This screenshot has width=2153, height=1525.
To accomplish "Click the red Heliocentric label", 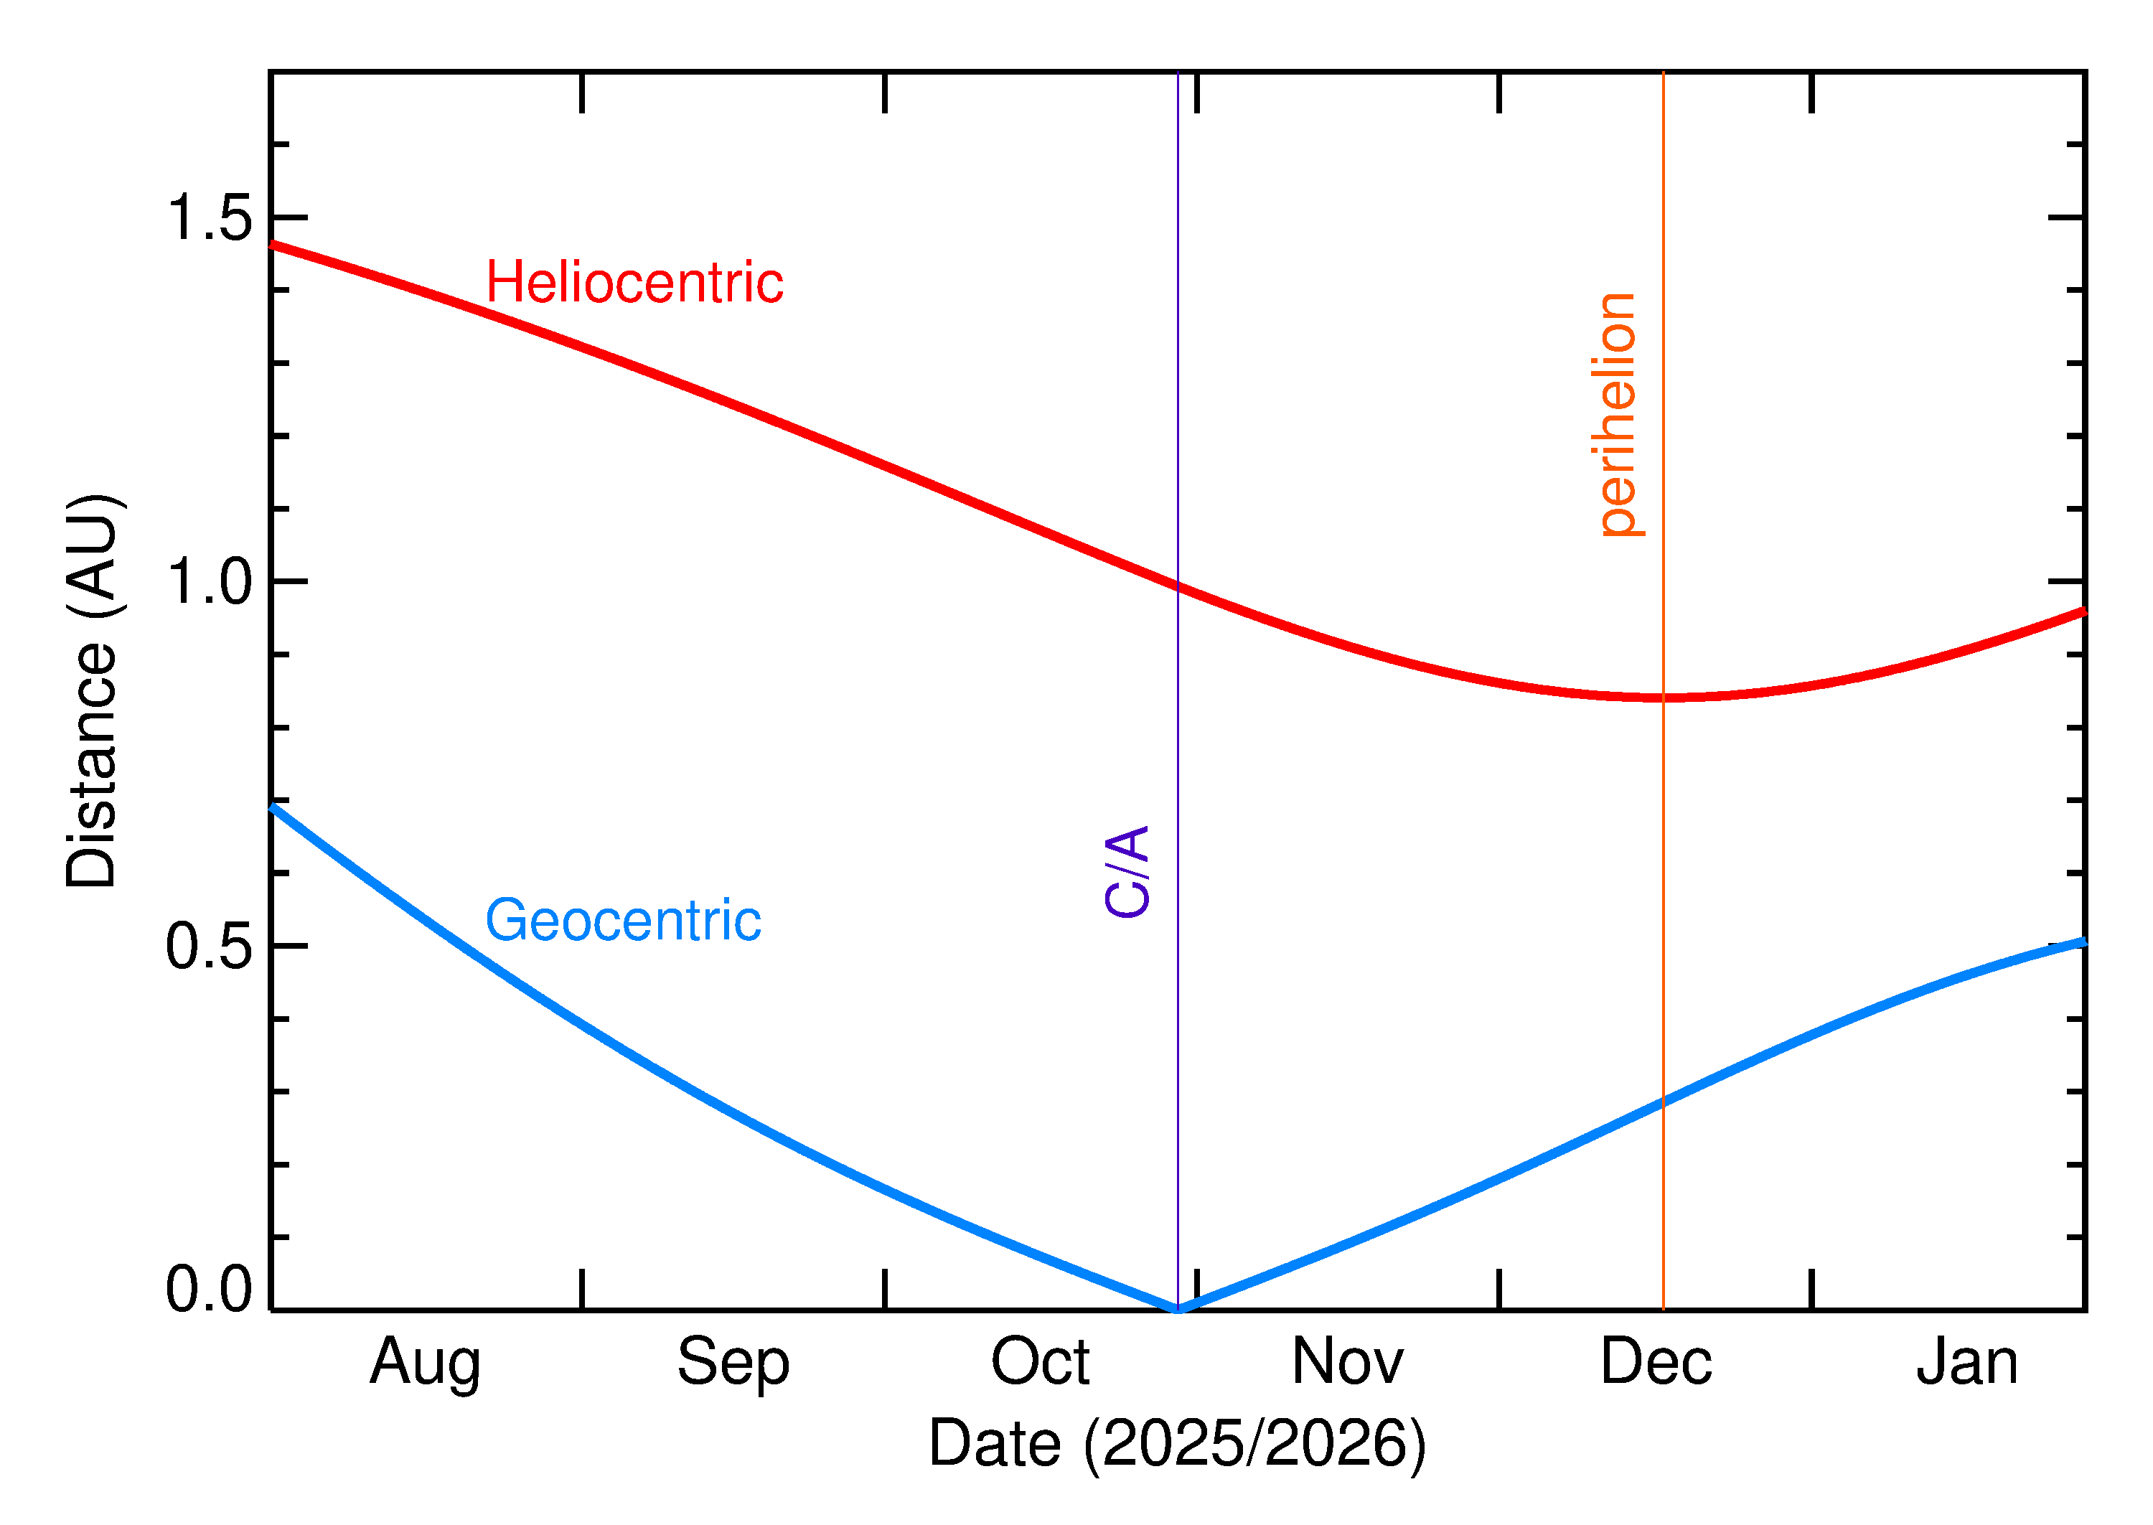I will [634, 283].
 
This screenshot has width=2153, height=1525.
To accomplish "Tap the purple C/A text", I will [1127, 871].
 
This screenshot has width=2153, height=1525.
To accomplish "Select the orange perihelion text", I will [1617, 415].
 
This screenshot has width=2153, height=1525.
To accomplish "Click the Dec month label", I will [1656, 1363].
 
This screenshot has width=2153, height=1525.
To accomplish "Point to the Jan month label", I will [1967, 1363].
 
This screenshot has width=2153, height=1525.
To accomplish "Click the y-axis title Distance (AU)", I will [92, 690].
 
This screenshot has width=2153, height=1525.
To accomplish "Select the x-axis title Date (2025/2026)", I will [1178, 1443].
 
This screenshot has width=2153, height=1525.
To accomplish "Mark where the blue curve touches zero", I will [1178, 1309].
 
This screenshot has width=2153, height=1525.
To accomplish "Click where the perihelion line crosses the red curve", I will [1663, 698].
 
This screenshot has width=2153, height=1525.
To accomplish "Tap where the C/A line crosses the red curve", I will [1178, 587].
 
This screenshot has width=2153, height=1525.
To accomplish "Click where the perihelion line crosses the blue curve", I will [1663, 1102].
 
